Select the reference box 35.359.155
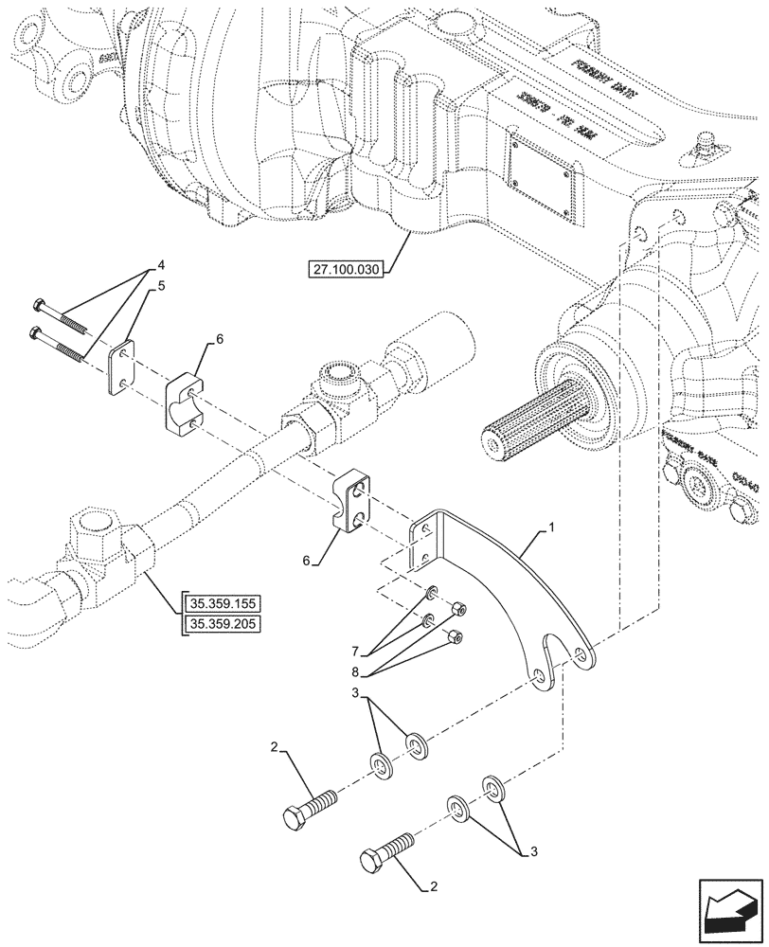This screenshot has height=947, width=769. click(226, 602)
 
